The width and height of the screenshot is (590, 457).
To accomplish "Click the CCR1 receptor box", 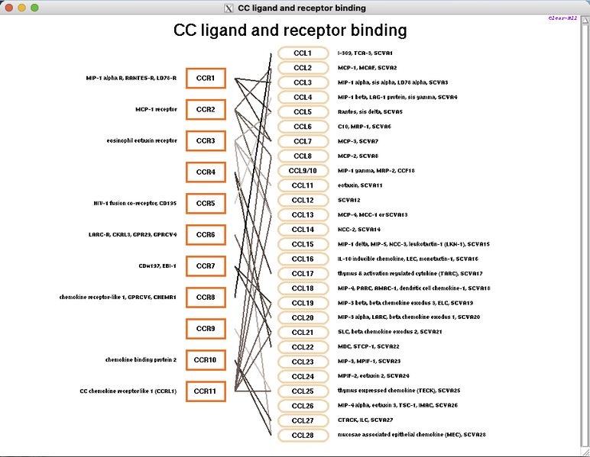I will tap(206, 78).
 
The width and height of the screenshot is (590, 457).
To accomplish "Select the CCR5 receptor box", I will tap(206, 204).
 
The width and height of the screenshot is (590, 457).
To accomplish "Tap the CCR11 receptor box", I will tap(206, 391).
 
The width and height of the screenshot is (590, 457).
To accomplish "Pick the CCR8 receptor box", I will tap(206, 297).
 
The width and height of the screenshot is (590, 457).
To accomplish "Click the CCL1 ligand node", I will tap(303, 53).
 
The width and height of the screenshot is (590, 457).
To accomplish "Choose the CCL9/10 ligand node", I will tap(303, 170).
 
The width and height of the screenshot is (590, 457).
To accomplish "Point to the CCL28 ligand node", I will tap(303, 435).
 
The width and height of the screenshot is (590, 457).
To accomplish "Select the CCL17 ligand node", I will tap(303, 273).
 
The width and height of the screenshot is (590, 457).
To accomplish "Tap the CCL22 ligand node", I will tap(303, 346).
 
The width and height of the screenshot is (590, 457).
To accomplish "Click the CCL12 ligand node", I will tap(303, 200).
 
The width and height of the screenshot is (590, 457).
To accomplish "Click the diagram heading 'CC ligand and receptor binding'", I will tap(290, 31).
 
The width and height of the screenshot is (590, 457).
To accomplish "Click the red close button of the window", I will tap(9, 8).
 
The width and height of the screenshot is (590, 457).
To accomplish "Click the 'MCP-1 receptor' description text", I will tap(156, 109).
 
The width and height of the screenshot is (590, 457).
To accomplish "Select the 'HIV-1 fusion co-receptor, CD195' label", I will tap(135, 203).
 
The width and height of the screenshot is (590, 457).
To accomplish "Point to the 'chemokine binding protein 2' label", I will tap(141, 359).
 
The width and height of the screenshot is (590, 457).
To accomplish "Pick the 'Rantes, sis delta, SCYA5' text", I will tap(370, 111).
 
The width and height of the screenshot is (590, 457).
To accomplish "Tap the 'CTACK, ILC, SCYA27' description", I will tap(365, 420).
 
